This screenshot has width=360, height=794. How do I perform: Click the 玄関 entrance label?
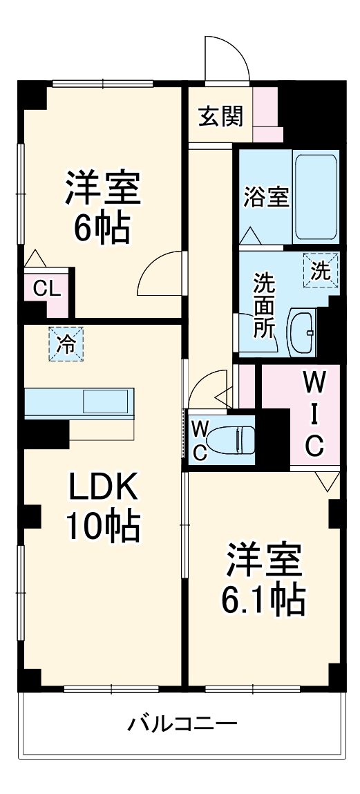pyautogui.click(x=221, y=117)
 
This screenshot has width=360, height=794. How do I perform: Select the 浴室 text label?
pyautogui.click(x=266, y=197)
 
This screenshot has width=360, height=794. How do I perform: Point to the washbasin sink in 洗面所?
pyautogui.click(x=302, y=333)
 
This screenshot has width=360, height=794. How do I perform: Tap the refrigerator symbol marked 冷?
pyautogui.click(x=66, y=343)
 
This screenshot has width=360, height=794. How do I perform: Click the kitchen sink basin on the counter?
pyautogui.click(x=105, y=402)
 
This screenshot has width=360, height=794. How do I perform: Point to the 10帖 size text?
pyautogui.click(x=104, y=527)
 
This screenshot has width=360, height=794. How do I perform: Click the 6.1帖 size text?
pyautogui.click(x=263, y=600)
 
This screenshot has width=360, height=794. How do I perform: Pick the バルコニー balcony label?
pyautogui.click(x=182, y=725)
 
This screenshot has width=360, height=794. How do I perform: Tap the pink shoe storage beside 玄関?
pyautogui.click(x=265, y=111)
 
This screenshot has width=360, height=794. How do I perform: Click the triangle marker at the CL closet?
pyautogui.click(x=35, y=258)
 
